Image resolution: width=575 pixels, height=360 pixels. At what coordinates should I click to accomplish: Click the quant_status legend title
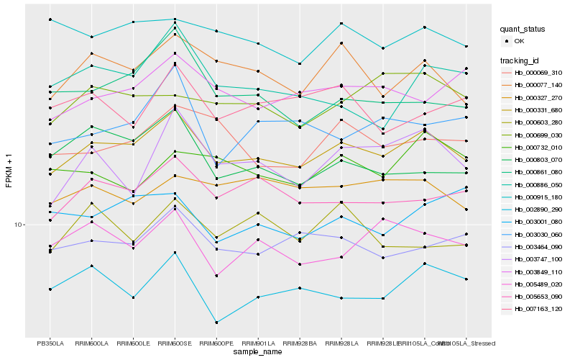(x=523, y=30)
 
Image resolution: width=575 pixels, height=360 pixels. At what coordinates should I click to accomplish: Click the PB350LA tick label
(x=50, y=343)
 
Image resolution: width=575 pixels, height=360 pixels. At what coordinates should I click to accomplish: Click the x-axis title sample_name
(x=258, y=353)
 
